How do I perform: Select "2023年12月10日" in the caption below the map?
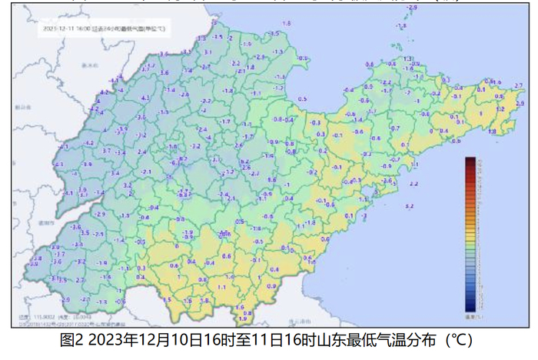click(x=141, y=339)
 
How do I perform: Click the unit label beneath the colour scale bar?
click(x=471, y=316)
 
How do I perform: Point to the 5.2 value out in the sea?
click(x=410, y=207)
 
